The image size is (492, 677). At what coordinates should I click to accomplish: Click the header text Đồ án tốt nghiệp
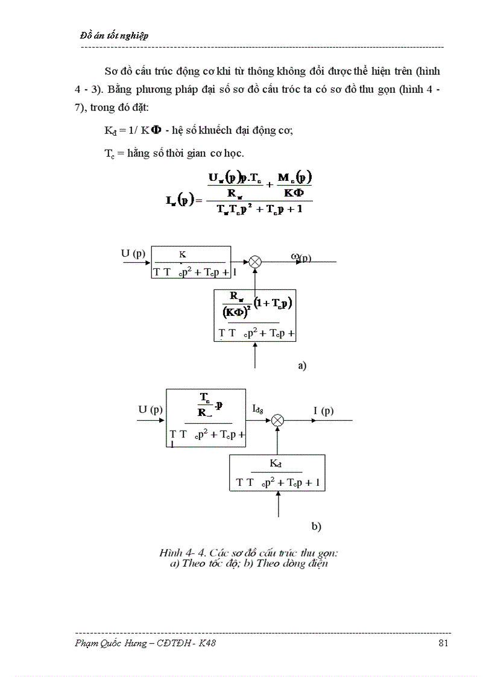(115, 36)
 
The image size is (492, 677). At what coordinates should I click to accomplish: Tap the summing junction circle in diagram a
(255, 262)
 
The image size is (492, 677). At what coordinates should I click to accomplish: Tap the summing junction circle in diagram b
(277, 420)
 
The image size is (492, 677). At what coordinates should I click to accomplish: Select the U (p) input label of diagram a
(133, 254)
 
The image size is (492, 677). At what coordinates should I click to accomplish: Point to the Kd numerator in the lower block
(277, 464)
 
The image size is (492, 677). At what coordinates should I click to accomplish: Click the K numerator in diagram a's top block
(183, 254)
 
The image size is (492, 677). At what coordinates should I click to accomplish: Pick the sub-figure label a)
(302, 365)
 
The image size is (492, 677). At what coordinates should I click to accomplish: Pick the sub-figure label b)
(317, 526)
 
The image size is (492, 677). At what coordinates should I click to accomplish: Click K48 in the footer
(206, 643)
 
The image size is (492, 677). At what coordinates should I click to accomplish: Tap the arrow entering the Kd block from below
(278, 504)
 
